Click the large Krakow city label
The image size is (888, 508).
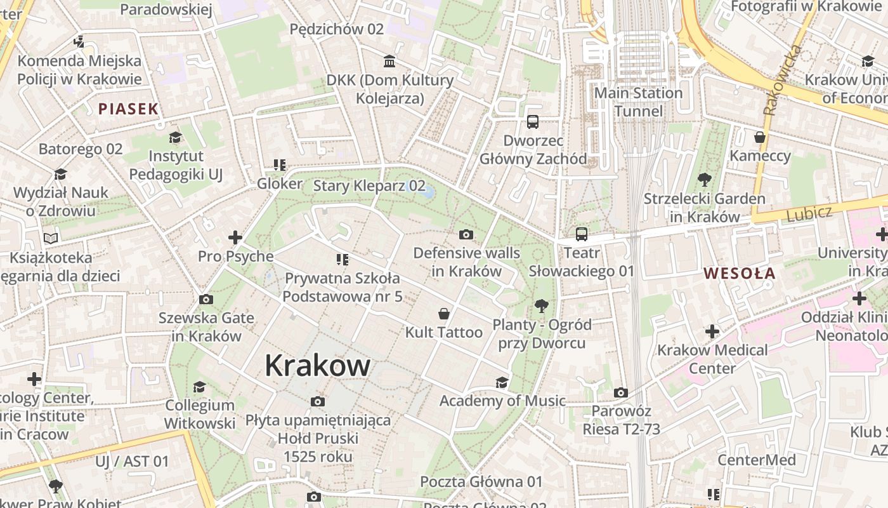[317, 366]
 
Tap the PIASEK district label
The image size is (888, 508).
[128, 109]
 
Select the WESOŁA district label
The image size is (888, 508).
[740, 274]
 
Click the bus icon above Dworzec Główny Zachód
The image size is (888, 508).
[533, 122]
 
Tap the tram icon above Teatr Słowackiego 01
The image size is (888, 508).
[582, 234]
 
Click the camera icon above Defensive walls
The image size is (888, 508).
[466, 235]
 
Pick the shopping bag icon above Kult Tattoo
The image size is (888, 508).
[444, 314]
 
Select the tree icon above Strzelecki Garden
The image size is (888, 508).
[704, 180]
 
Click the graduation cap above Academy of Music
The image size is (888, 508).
[502, 382]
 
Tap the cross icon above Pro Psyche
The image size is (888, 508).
[235, 238]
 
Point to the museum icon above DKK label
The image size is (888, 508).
[389, 62]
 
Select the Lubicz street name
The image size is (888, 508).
[809, 214]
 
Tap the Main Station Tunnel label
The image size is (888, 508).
[638, 102]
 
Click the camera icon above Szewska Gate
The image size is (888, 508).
[206, 300]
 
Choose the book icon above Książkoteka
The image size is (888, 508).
[51, 239]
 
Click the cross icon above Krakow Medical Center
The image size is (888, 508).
[712, 331]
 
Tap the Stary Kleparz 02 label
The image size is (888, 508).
[369, 186]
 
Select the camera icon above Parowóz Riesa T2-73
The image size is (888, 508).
[621, 393]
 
